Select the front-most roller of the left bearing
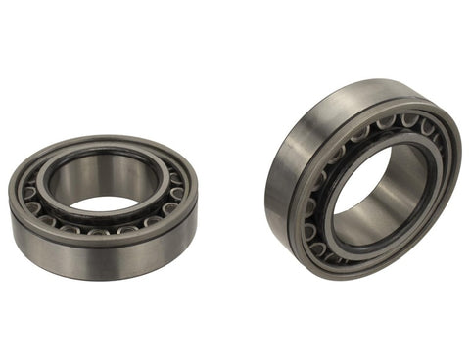pos(98,232)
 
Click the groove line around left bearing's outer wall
pos(59,239)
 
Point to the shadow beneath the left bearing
pos(108,285)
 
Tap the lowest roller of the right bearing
pos(333,257)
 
